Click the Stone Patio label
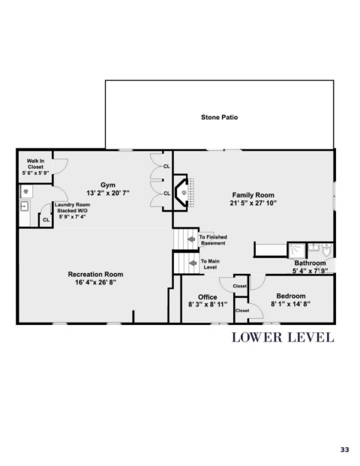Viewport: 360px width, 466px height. (x=219, y=117)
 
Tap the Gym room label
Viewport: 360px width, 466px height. (x=108, y=185)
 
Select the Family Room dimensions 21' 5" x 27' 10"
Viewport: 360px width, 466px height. (x=253, y=203)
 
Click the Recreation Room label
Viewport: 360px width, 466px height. (x=95, y=275)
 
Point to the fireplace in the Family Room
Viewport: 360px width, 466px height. (x=183, y=193)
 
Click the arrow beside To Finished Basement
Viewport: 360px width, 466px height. (x=191, y=239)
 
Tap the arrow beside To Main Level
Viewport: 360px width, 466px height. (x=193, y=263)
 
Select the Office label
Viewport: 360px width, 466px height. (x=207, y=297)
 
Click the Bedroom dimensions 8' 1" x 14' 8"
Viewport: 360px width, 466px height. (x=290, y=304)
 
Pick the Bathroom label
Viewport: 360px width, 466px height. (x=310, y=263)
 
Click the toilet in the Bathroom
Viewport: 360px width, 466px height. (x=327, y=249)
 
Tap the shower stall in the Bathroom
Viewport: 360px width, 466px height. (x=296, y=250)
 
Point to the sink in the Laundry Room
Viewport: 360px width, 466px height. (x=24, y=206)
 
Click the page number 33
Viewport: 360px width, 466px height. (x=344, y=449)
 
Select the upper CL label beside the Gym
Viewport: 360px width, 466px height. (x=166, y=167)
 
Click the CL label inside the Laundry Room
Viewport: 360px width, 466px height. (x=46, y=220)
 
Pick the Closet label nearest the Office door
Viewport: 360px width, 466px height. (x=240, y=286)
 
